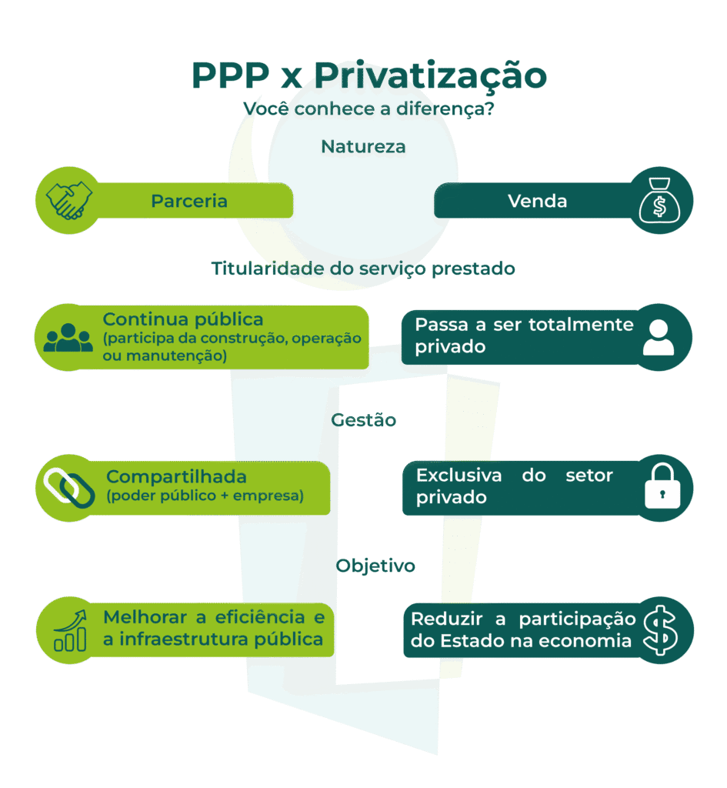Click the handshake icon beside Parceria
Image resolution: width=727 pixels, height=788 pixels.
68,201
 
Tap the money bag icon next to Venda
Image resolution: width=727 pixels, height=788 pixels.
660,202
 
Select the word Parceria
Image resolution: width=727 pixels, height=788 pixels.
189,201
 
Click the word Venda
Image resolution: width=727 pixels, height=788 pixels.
537,201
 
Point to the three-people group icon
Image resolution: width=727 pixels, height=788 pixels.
68,337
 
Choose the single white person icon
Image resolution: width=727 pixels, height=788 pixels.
658,337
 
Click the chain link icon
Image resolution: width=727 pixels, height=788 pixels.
68,487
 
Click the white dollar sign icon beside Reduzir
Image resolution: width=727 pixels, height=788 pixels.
660,629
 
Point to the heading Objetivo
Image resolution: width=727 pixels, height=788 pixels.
375,566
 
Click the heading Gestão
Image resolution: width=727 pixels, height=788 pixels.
365,420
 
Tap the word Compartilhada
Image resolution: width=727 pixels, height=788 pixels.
176,476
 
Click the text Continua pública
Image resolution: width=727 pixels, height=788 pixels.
183,319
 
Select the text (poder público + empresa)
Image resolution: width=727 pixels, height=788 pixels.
205,496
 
